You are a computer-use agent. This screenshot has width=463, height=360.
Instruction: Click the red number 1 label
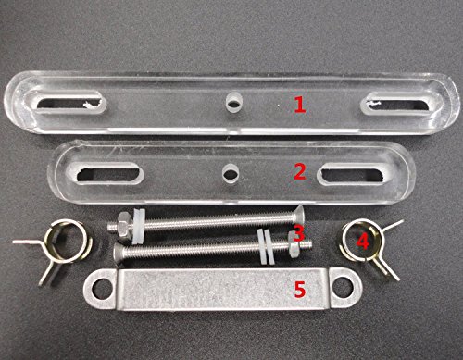pyautogui.click(x=299, y=106)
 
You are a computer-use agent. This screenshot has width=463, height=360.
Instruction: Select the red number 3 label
pyautogui.click(x=298, y=233)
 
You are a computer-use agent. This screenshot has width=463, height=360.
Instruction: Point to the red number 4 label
pyautogui.click(x=363, y=241)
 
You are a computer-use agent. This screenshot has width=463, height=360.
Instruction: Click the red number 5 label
pyautogui.click(x=300, y=290)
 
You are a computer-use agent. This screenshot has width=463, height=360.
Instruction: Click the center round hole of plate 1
pyautogui.click(x=233, y=104)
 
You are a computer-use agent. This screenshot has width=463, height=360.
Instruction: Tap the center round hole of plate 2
pyautogui.click(x=230, y=175)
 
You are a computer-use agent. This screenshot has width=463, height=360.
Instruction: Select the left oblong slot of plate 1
pyautogui.click(x=69, y=104)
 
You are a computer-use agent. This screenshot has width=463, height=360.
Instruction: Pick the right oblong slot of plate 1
pyautogui.click(x=397, y=106)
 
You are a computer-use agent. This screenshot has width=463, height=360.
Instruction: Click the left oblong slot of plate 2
pyautogui.click(x=108, y=175)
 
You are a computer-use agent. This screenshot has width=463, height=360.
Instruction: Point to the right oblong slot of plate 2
pyautogui.click(x=352, y=175)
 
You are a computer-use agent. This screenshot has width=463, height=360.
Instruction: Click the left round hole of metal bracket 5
pyautogui.click(x=102, y=289)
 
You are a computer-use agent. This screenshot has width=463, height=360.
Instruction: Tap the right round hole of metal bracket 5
pyautogui.click(x=344, y=288)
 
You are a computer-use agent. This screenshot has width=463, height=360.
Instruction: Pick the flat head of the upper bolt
pyautogui.click(x=300, y=216)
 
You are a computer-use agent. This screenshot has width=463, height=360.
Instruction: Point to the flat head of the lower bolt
pyautogui.click(x=119, y=253)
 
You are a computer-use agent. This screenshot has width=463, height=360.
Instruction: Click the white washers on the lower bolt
pyautogui.click(x=266, y=246)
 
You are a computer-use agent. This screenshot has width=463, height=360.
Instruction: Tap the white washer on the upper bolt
pyautogui.click(x=138, y=226)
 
